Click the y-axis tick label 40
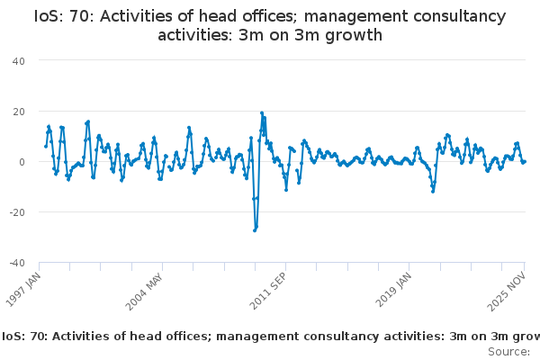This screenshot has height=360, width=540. pos(19,60)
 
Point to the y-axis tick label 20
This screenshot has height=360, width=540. pos(19,111)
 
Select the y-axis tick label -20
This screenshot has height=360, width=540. pos(17,212)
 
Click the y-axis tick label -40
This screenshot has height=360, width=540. pos(17,263)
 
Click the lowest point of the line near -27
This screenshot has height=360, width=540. pos(255,230)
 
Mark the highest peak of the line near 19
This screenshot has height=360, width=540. pos(262,113)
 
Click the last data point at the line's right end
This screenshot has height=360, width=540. pos(525,162)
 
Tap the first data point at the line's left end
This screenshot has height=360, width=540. pos(46,146)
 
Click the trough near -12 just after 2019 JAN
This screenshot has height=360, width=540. pos(433,191)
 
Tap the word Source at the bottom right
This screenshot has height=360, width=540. pos(508,351)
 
